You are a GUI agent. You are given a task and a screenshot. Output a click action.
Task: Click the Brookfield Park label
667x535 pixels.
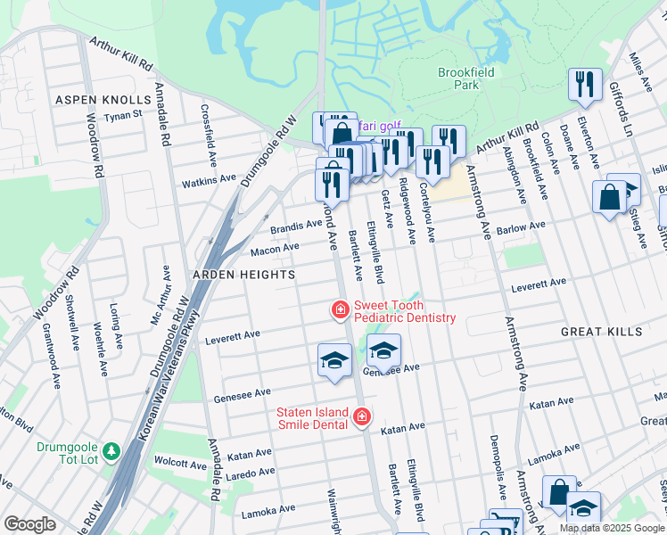pos(458,78)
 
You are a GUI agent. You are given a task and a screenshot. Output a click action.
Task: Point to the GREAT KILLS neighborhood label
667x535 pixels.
pos(601,332)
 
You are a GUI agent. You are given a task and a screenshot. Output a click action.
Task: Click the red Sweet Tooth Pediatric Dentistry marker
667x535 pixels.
pos(340,310)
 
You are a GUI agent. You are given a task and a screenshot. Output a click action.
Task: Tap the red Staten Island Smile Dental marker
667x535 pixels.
pos(362,416)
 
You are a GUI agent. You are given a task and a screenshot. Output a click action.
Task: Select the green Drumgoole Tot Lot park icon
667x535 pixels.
pos(111,452)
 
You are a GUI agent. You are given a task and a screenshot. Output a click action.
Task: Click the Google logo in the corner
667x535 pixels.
pos(29,524)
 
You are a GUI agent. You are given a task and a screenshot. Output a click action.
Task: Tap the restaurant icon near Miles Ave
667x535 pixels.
pos(584,86)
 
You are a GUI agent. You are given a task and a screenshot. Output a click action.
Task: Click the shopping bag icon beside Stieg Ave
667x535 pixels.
pos(610,197)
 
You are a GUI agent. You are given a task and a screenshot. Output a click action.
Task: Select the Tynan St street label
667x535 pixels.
pos(124,114)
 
